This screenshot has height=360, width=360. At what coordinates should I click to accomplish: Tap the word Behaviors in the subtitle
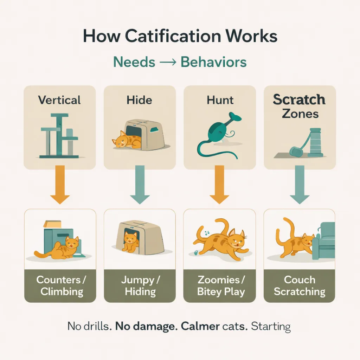[x=213, y=62]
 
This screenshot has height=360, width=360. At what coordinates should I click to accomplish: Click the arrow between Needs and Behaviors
[x=168, y=63]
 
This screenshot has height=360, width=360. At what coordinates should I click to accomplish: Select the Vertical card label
[x=59, y=100]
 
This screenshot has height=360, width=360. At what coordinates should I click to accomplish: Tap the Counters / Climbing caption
[x=60, y=285]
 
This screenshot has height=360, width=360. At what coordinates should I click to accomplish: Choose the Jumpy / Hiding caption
[x=140, y=285]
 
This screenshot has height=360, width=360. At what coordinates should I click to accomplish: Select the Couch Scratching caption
[x=300, y=285]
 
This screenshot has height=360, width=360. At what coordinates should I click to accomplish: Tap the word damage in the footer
[x=157, y=326]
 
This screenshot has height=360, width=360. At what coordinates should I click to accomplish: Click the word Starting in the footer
[x=271, y=327]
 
